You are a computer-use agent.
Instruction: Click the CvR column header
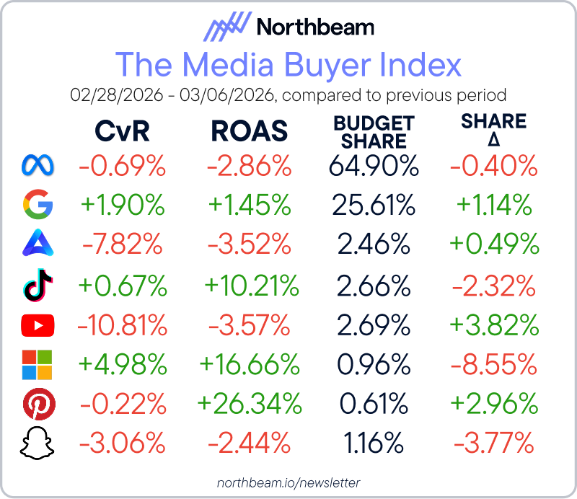122,131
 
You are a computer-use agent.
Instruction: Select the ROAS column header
250,131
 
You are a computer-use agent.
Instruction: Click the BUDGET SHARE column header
374,131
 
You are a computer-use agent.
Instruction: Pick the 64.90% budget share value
374,167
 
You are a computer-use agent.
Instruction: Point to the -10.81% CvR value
122,326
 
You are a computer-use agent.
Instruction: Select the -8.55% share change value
495,366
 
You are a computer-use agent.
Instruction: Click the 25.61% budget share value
374,206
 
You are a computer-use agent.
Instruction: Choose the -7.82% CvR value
122,246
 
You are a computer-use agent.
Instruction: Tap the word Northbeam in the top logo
315,27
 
